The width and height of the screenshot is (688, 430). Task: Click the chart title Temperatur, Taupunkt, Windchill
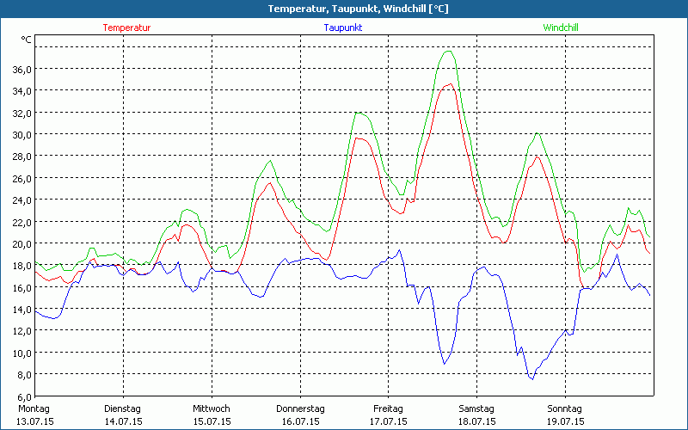(345, 9)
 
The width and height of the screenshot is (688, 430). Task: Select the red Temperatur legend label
(126, 28)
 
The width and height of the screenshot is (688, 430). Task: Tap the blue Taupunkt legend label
(343, 28)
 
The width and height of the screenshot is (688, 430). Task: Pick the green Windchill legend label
(561, 28)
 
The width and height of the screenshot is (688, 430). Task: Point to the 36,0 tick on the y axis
(21, 69)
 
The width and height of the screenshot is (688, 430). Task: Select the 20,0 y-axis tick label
(21, 243)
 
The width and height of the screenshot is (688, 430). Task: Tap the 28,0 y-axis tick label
(21, 157)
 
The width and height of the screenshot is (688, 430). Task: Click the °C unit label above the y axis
(27, 40)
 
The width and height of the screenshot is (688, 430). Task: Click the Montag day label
(34, 408)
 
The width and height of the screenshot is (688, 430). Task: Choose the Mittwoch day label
(212, 408)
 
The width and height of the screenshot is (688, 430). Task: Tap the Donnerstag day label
(300, 408)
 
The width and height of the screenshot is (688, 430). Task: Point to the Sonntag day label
(565, 408)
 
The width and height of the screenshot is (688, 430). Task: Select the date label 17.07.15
(389, 421)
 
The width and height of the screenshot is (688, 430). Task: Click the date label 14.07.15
(123, 421)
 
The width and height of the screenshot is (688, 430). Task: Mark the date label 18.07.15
(476, 421)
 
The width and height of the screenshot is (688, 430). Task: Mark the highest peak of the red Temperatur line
(449, 83)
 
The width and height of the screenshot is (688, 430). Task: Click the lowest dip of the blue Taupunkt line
(531, 379)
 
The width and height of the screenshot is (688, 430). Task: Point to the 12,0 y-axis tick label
(21, 331)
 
